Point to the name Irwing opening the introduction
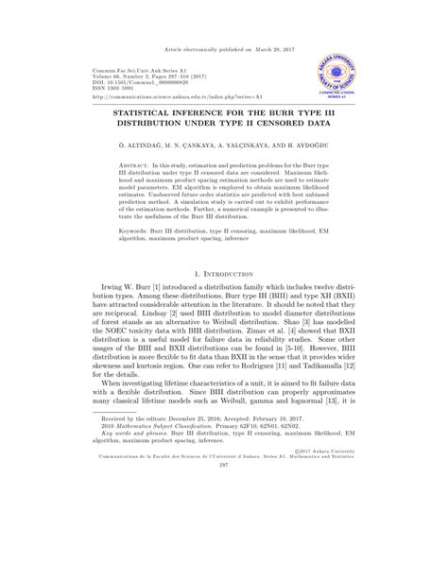click(x=113, y=285)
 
